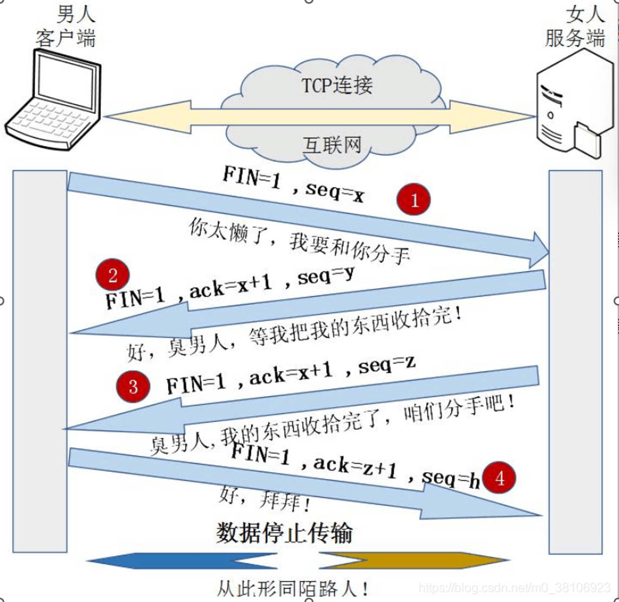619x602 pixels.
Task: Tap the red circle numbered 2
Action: [112, 276]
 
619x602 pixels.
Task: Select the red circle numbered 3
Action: [133, 386]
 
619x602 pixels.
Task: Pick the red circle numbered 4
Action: [499, 478]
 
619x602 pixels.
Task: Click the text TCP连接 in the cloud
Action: [337, 85]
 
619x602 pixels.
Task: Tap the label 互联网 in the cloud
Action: [331, 145]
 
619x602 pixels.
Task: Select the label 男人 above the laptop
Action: [76, 15]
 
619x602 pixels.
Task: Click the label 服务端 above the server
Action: [575, 39]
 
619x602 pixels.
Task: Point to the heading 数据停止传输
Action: [284, 533]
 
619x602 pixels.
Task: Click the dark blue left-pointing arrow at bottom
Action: [184, 561]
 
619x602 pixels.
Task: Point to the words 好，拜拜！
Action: [265, 499]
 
